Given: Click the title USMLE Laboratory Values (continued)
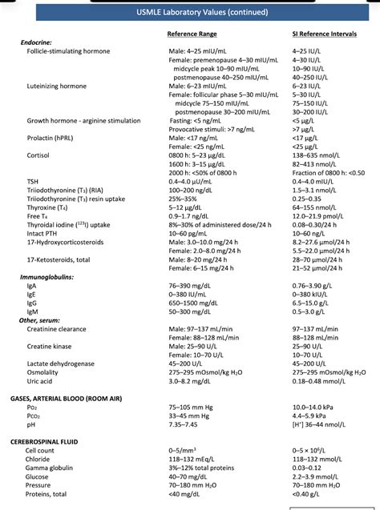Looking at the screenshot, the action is [190, 13].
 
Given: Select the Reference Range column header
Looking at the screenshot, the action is [192, 34].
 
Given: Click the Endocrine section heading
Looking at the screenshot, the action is [38, 42].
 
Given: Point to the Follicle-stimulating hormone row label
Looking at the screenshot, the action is [68, 51].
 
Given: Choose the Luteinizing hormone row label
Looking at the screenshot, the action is [58, 86].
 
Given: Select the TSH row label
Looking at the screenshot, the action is [33, 182].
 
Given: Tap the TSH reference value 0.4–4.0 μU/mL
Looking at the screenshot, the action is [195, 182].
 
